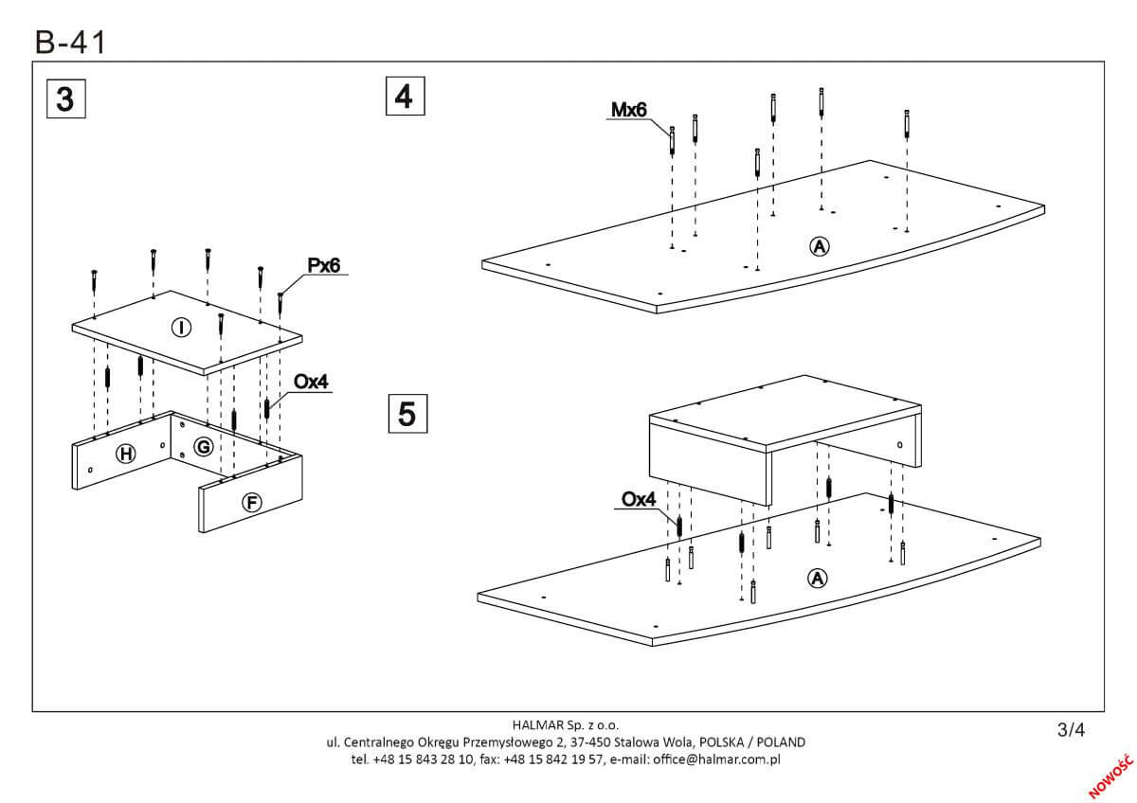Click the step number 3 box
pos(65,98)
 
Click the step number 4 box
pos(405,97)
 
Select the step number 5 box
pos(406,414)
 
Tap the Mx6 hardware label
pos(628,111)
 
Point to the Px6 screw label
pos(323,266)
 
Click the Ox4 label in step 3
pos(310,382)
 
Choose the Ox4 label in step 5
pos(639,499)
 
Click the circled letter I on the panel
pos(180,328)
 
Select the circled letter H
pos(125,455)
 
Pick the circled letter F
pos(252,503)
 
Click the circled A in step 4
pos(820,246)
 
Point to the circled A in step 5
pos(815,578)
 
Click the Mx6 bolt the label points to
pos(672,139)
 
